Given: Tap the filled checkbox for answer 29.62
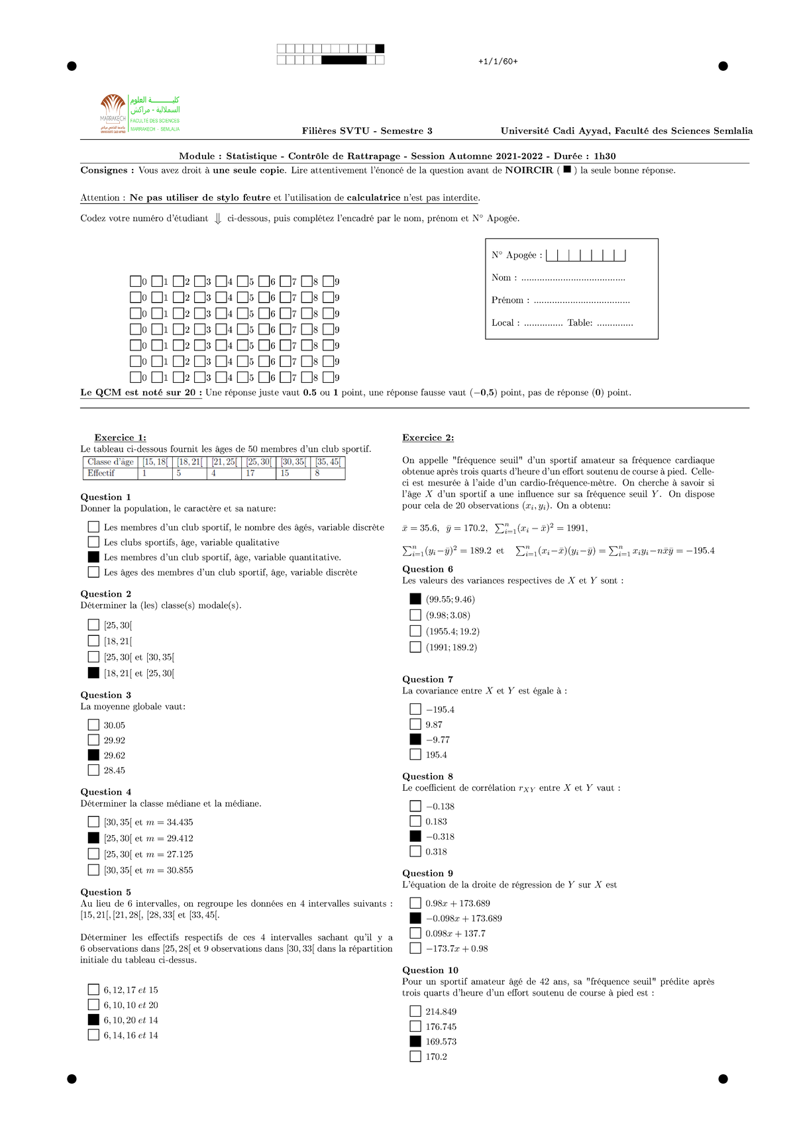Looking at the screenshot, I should click(93, 755).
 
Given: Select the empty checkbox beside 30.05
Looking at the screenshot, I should click(93, 725).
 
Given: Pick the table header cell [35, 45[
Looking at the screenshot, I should click(328, 462).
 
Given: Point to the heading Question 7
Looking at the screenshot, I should click(427, 680).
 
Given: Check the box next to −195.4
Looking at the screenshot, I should click(415, 709).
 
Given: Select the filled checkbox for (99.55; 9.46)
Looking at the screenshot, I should click(415, 599).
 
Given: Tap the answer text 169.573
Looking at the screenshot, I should click(441, 1042).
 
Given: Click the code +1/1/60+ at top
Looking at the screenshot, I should click(498, 62).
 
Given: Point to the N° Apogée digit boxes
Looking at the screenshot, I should click(586, 255).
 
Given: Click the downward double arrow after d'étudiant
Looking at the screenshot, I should click(218, 219).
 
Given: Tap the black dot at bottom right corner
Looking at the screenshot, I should click(723, 1079).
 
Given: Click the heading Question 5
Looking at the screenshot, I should click(106, 892).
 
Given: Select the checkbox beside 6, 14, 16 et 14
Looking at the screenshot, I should click(93, 1035).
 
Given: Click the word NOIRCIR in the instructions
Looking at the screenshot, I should click(529, 170).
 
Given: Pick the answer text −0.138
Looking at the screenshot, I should click(440, 807).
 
